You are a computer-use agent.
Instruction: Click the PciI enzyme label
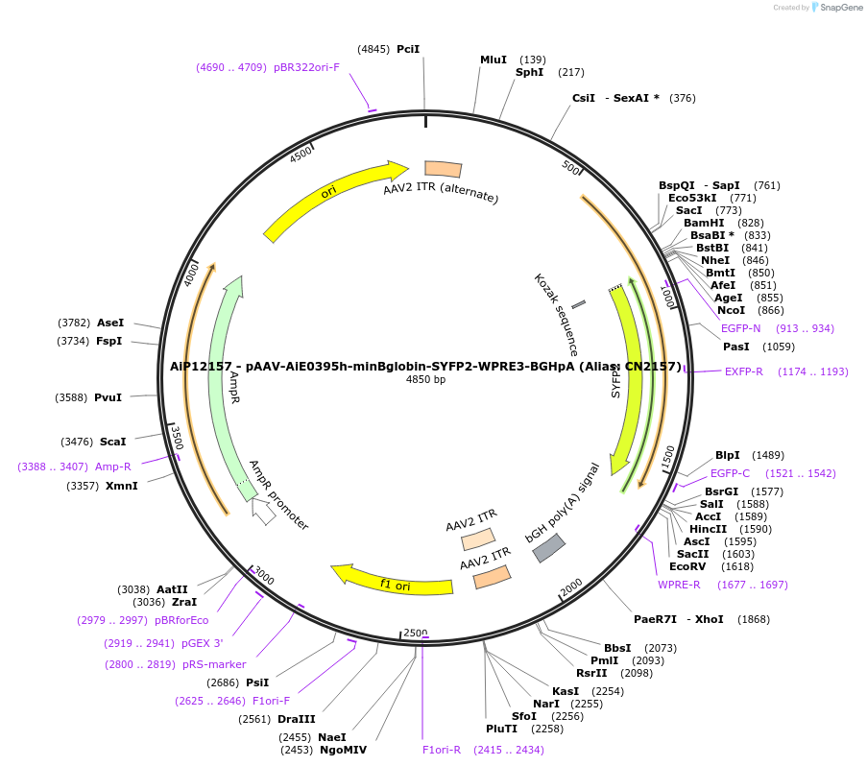point(408,49)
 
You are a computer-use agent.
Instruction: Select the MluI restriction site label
point(494,60)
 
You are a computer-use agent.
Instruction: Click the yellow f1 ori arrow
point(389,580)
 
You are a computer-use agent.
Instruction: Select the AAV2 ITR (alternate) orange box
point(443,169)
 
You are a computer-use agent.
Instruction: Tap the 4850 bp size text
point(426,380)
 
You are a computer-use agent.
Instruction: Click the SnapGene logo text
point(840,8)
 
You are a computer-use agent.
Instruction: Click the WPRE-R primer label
point(679,585)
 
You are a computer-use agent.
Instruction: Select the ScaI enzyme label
point(112,442)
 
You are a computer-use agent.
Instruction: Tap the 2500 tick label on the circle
point(415,634)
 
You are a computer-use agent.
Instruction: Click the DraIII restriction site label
point(296,719)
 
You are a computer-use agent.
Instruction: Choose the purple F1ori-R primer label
point(442,750)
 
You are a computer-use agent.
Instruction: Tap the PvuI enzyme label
point(108,396)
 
